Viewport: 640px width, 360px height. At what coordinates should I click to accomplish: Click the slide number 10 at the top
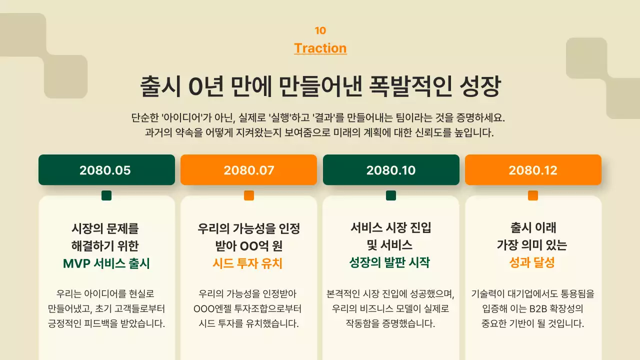320,30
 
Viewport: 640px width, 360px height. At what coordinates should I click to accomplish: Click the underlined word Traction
320,48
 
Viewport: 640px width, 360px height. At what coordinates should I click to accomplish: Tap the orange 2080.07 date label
248,170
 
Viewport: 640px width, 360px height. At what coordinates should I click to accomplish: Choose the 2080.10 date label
391,170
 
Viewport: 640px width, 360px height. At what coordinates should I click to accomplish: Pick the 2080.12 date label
533,170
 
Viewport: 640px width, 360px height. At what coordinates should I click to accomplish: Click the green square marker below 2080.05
106,195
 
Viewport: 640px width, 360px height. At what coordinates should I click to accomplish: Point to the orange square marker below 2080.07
249,195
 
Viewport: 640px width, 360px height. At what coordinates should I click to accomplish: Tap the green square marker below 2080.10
391,195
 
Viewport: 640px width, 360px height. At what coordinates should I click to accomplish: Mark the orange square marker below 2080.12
533,195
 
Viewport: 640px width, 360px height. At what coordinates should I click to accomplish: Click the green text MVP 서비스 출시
106,263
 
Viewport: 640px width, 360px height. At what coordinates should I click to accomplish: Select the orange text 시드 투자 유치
248,263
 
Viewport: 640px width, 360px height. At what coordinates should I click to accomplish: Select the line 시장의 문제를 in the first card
105,229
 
